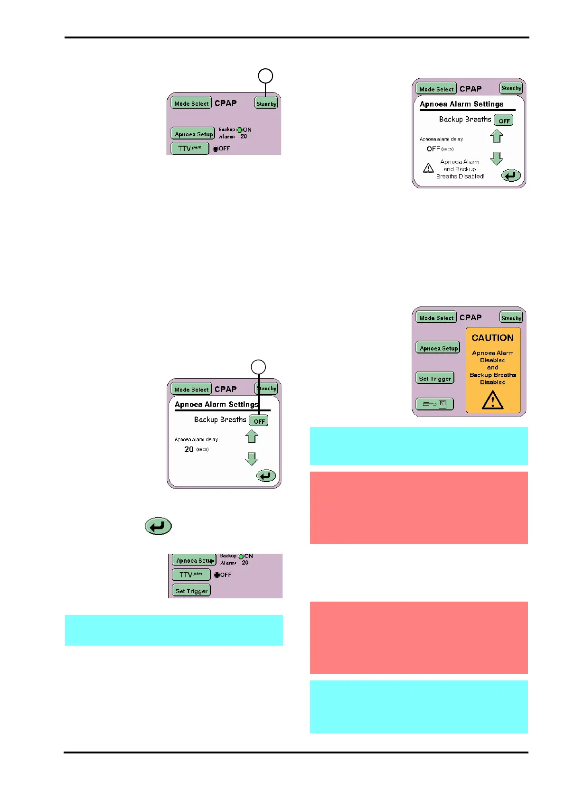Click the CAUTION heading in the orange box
coord(492,338)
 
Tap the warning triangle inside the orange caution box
coord(493,400)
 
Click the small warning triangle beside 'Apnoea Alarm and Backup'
coord(428,168)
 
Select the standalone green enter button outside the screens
coord(158,526)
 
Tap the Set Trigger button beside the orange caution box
coord(435,378)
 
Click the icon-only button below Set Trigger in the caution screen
coord(434,404)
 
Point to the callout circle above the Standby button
coord(265,76)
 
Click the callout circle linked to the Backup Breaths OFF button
coord(258,367)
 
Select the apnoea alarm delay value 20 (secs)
coord(189,449)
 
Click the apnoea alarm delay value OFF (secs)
coord(433,149)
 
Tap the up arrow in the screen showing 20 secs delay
coord(252,436)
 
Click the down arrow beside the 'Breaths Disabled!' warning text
coord(497,158)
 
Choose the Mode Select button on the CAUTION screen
coord(436,317)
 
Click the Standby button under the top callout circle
coord(266,103)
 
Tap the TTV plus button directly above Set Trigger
coord(191,575)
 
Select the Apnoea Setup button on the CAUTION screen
coord(438,348)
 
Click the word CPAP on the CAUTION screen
coord(471,317)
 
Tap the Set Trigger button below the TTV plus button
coord(191,591)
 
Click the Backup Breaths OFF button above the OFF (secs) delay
coord(504,121)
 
